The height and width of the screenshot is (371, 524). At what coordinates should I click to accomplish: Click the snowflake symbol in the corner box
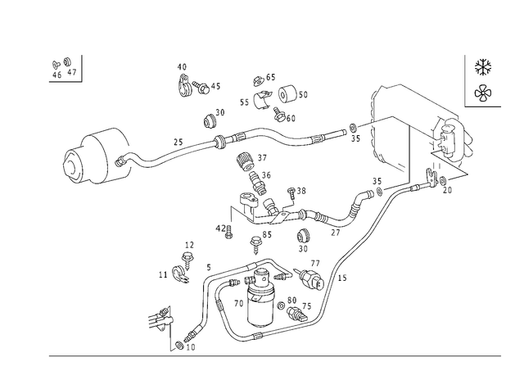pos(483,67)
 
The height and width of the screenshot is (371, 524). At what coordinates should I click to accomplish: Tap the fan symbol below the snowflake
pos(483,93)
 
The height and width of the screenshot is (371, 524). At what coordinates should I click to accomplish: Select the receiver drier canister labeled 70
pos(260,297)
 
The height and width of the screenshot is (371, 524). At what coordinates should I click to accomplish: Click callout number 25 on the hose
pos(178,142)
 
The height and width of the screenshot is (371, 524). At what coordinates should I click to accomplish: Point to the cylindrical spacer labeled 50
pos(287,94)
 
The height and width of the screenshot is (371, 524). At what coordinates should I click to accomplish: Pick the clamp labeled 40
pos(183,86)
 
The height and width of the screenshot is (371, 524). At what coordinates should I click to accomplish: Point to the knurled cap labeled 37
pos(246,161)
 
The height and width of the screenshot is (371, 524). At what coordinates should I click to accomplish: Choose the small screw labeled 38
pos(291,193)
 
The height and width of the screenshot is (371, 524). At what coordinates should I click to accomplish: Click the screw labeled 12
pos(187,261)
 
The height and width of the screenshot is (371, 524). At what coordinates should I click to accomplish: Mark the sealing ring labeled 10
pos(179,345)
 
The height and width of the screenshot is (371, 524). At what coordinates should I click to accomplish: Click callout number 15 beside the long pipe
pos(342,278)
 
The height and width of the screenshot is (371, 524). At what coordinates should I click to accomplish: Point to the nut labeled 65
pos(258,81)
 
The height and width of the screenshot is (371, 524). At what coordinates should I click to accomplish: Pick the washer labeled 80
pos(282,305)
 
